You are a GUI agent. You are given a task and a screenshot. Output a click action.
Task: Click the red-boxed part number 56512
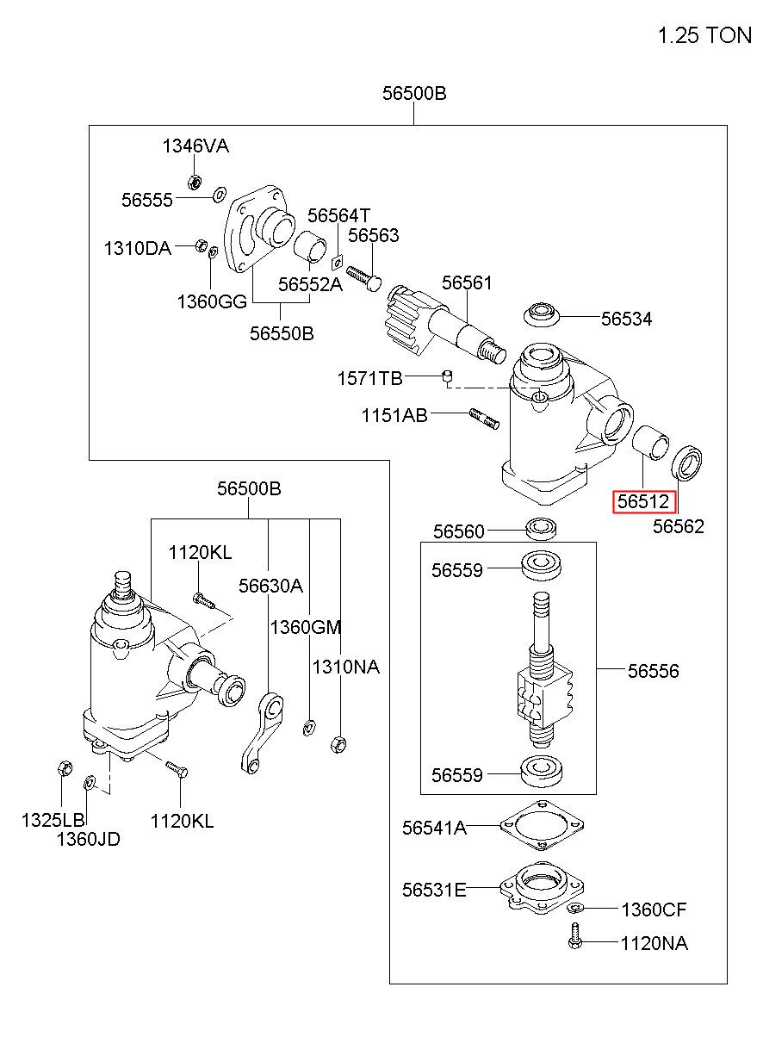[x=643, y=501]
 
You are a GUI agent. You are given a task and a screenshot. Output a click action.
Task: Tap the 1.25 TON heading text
[x=704, y=35]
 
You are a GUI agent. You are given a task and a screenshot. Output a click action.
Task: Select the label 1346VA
[x=195, y=146]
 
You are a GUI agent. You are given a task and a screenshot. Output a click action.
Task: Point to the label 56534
[x=626, y=319]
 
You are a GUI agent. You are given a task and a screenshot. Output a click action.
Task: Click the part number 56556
[x=653, y=671]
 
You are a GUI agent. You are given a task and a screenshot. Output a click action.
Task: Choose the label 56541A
[x=434, y=828]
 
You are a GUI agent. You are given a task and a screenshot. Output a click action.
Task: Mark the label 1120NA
[x=654, y=943]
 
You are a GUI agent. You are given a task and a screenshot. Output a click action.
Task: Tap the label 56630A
[x=270, y=586]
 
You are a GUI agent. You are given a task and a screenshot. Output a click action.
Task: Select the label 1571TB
[x=369, y=379]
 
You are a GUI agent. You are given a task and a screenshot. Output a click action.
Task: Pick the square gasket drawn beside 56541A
[x=542, y=825]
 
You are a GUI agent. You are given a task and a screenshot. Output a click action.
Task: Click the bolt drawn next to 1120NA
[x=575, y=936]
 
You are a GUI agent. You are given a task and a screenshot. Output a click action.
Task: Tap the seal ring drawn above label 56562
[x=686, y=463]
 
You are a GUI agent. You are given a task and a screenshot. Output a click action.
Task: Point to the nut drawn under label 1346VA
[x=195, y=182]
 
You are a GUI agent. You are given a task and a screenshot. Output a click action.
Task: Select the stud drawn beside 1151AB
[x=484, y=419]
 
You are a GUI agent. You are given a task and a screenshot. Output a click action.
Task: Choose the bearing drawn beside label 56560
[x=542, y=529]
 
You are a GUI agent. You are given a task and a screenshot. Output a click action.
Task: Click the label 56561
[x=467, y=282]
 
